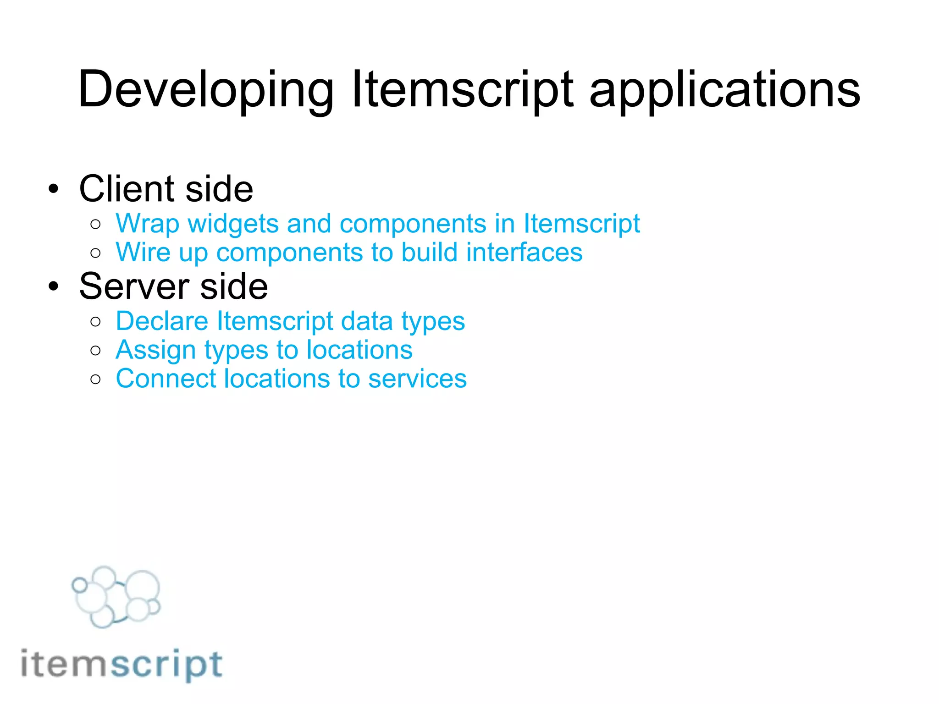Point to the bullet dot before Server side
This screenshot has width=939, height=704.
(x=54, y=286)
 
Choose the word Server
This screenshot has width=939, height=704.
(x=134, y=286)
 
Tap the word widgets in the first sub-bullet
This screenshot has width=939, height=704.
(x=233, y=224)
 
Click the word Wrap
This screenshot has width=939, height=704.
(x=147, y=224)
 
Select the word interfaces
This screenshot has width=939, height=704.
(x=524, y=253)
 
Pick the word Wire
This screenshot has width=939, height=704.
(x=143, y=253)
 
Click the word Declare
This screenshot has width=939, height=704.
(x=162, y=321)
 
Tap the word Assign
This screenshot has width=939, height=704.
(x=155, y=350)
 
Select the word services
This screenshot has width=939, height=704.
(x=417, y=379)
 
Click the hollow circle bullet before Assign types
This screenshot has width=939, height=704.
(x=95, y=351)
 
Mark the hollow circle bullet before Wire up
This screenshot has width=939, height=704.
(x=95, y=253)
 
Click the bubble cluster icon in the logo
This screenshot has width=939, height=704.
(x=116, y=597)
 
